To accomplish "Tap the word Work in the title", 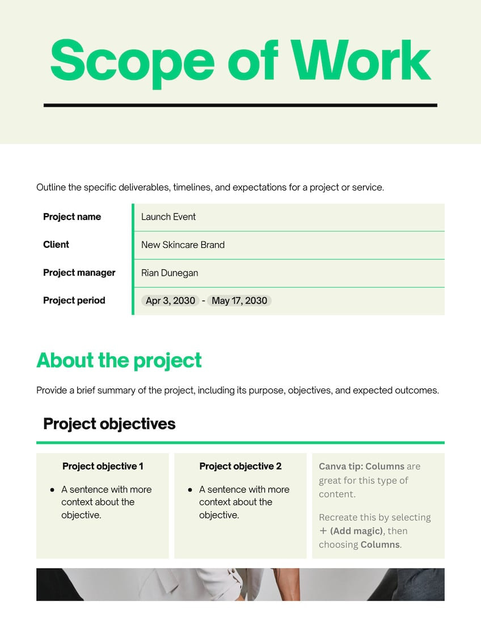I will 362,60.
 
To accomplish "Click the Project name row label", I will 72,217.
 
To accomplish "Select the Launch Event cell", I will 168,217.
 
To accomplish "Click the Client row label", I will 56,244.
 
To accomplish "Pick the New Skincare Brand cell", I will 183,245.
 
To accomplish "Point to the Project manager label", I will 79,272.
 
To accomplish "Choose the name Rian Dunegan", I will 170,273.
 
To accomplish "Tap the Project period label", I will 74,301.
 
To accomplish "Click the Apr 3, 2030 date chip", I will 170,301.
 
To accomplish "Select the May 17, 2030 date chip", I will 239,301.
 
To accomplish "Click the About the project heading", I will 119,360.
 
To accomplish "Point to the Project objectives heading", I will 109,424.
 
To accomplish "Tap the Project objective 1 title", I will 103,466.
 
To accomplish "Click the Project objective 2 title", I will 241,466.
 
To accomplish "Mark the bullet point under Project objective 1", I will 53,489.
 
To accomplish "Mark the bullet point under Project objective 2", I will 190,489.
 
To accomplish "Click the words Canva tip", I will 340,467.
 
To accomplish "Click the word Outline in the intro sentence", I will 50,187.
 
